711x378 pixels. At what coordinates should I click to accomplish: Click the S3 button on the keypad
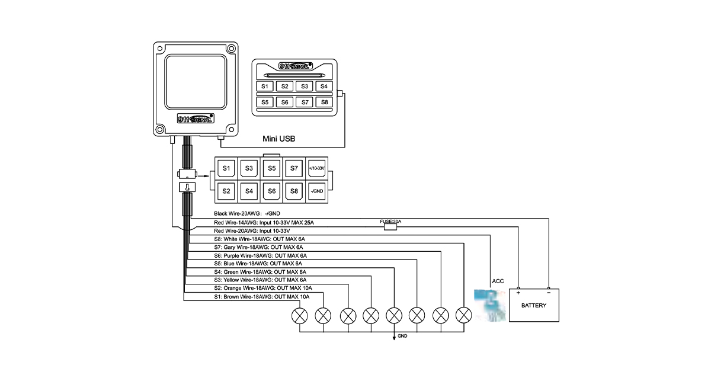pos(305,87)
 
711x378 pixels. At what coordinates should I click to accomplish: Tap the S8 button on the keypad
pos(324,102)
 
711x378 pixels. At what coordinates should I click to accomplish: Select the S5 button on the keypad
pos(265,102)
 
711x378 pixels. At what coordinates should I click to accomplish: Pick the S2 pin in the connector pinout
pos(226,191)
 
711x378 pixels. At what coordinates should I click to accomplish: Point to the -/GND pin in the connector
pos(316,191)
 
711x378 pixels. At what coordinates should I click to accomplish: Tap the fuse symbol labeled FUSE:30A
pos(390,226)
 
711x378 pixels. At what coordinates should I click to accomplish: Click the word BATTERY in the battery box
pos(534,306)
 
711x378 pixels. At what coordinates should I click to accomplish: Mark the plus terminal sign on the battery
pos(518,293)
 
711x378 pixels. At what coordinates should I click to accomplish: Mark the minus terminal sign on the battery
pos(549,293)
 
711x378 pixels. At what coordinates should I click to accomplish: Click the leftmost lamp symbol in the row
pos(300,315)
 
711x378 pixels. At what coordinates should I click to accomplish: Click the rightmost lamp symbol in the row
pos(463,315)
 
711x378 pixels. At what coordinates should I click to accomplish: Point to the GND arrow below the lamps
pos(395,337)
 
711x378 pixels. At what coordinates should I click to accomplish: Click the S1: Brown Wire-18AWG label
pos(262,296)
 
